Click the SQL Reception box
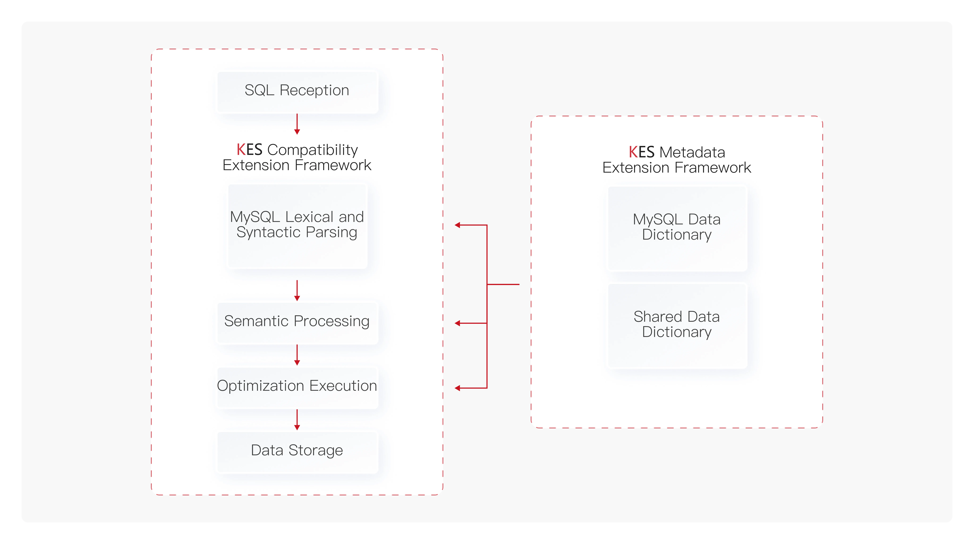tap(297, 92)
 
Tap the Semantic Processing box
tap(297, 323)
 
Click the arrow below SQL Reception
tap(297, 124)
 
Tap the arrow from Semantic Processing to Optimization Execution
tap(297, 355)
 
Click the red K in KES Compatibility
tap(241, 150)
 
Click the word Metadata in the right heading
tap(692, 152)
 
